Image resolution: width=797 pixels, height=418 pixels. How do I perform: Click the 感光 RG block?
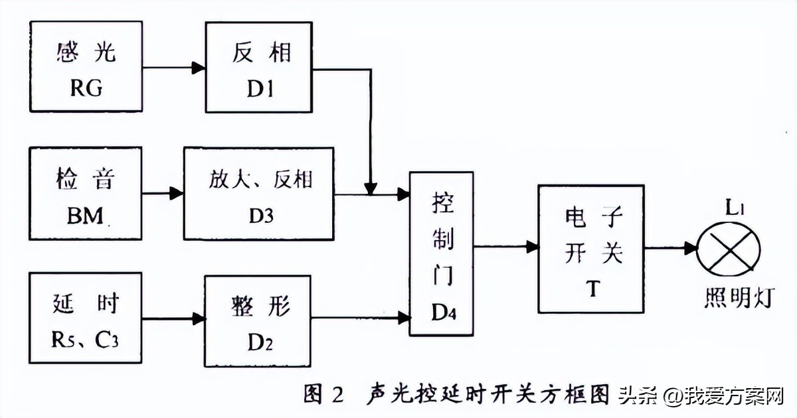coord(86,66)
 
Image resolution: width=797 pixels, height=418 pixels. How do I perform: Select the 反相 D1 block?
coord(258,66)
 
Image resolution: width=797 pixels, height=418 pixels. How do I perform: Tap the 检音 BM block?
coord(86,194)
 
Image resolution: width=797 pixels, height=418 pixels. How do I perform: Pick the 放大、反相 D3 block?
coord(258,194)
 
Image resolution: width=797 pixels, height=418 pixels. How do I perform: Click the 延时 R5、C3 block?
coord(86,318)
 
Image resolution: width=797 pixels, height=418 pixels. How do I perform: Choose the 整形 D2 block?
coord(258,321)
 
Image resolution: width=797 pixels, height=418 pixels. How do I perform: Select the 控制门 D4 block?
coord(442,253)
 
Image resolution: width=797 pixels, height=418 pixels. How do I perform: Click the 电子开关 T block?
coord(590,249)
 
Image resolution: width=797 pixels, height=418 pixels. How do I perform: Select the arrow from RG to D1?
coord(173,67)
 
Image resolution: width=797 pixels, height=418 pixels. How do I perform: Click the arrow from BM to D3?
coord(163,194)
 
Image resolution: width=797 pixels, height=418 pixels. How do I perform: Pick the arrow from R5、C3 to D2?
coord(173,318)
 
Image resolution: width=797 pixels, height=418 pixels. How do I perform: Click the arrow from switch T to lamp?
coord(669,248)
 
